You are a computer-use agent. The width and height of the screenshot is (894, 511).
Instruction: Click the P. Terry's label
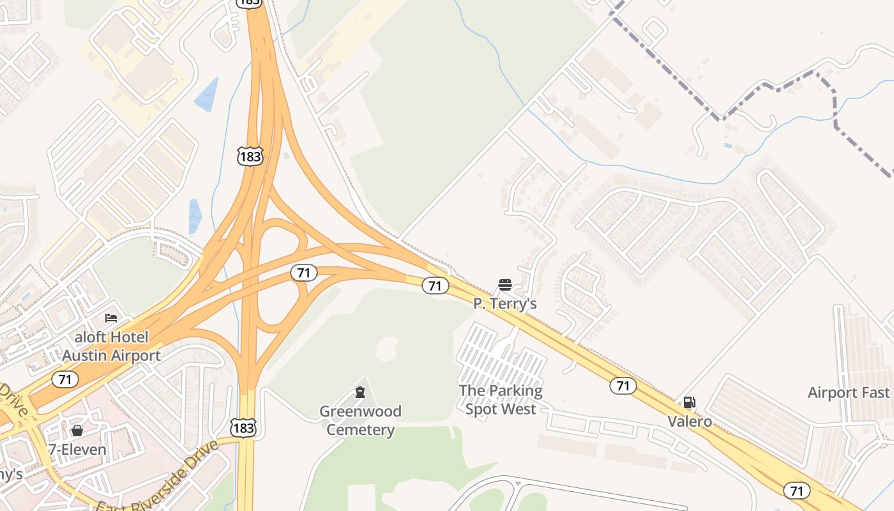pyautogui.click(x=504, y=303)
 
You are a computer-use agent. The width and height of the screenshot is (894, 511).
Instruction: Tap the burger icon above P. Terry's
pyautogui.click(x=505, y=285)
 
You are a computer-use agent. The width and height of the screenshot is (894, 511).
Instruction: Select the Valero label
pyautogui.click(x=690, y=422)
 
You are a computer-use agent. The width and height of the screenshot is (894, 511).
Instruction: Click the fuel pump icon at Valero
pyautogui.click(x=689, y=402)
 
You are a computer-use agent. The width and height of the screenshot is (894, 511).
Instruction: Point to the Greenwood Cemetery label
pyautogui.click(x=360, y=420)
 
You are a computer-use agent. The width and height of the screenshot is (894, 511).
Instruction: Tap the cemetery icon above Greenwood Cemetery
pyautogui.click(x=360, y=392)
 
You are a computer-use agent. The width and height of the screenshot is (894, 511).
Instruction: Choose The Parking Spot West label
pyautogui.click(x=501, y=399)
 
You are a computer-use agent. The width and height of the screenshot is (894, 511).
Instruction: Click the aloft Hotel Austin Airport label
pyautogui.click(x=111, y=346)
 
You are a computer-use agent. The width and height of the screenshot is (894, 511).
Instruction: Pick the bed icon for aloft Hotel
pyautogui.click(x=111, y=317)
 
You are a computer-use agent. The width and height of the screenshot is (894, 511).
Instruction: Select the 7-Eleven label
pyautogui.click(x=77, y=450)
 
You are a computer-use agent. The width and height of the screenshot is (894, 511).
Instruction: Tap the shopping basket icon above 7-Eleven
pyautogui.click(x=77, y=431)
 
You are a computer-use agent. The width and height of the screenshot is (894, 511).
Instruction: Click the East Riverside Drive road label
pyautogui.click(x=160, y=476)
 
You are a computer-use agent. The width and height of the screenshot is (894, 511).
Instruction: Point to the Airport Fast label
pyautogui.click(x=849, y=392)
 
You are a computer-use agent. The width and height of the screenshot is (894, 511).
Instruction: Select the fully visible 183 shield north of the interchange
pyautogui.click(x=250, y=155)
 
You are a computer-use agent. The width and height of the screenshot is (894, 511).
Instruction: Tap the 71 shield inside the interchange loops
pyautogui.click(x=304, y=273)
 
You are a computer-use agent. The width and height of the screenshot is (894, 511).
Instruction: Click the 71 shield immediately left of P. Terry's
pyautogui.click(x=435, y=286)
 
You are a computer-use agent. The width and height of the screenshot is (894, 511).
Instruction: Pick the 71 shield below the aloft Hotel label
pyautogui.click(x=64, y=379)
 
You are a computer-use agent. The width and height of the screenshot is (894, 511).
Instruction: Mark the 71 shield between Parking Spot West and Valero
pyautogui.click(x=623, y=385)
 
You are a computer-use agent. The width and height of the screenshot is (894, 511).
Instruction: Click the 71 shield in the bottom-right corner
pyautogui.click(x=796, y=491)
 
